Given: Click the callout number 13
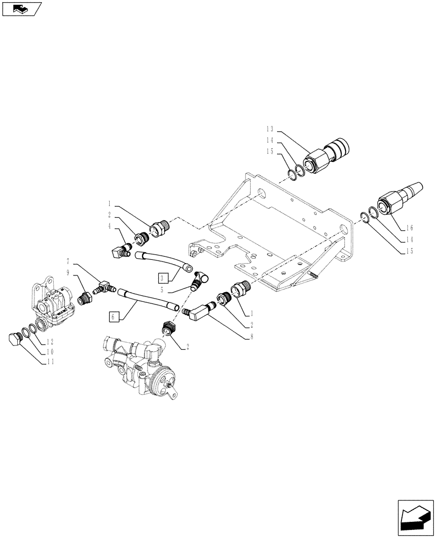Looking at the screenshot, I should coord(270,129).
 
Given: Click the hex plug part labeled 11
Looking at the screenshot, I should coord(14,339).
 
